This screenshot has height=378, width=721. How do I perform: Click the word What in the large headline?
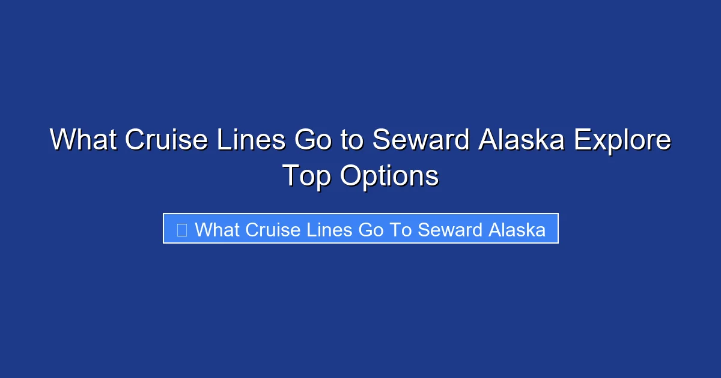point(83,140)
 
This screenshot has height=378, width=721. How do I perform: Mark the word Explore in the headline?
point(622,140)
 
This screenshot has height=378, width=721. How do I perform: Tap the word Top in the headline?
point(306,176)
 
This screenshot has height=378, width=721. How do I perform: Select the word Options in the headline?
point(389,176)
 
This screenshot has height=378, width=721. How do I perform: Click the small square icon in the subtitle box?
point(181,229)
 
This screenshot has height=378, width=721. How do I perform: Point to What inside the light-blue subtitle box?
point(217,229)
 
